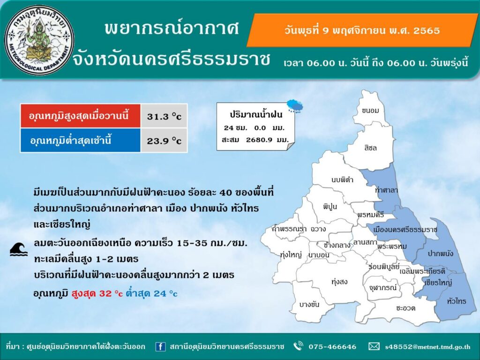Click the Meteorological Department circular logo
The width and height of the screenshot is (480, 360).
(x=39, y=40)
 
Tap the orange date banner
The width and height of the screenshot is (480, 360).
(x=362, y=30)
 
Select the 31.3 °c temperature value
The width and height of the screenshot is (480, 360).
(x=164, y=116)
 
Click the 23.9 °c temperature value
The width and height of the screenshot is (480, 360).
(x=164, y=141)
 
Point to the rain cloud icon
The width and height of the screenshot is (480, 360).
(x=295, y=106)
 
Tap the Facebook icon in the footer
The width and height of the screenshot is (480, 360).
(x=160, y=346)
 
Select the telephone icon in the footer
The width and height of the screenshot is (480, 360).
(x=298, y=346)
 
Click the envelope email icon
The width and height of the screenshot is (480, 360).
(x=374, y=346)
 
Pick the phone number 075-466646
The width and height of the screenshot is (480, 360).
(x=332, y=346)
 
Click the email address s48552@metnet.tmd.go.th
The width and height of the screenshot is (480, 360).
(x=427, y=347)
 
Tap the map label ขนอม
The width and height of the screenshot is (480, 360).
(x=370, y=111)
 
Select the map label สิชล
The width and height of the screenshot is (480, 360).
(x=371, y=148)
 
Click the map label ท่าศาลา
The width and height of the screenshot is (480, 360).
(x=386, y=190)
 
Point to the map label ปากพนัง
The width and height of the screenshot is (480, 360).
(x=440, y=253)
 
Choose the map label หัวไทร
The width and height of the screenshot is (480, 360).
(x=457, y=301)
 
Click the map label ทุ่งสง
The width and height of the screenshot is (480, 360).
(x=339, y=282)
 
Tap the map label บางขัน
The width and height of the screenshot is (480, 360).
(x=309, y=304)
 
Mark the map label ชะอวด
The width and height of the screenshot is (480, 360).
(x=405, y=308)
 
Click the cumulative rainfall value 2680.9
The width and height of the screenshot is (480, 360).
(x=259, y=140)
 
